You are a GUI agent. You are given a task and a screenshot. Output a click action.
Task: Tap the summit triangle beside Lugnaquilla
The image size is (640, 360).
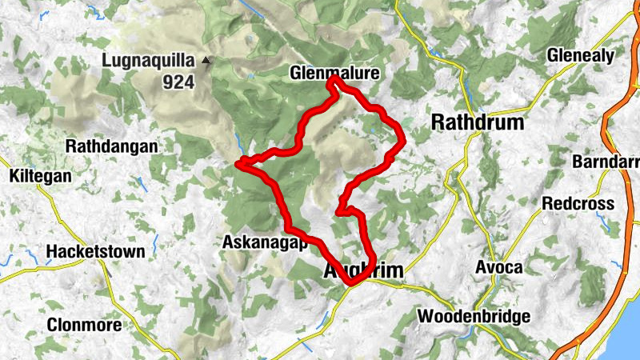(207, 59)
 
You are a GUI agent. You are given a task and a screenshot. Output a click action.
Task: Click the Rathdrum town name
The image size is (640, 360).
(477, 122)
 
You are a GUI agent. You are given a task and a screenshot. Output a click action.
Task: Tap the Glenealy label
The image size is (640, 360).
(580, 56)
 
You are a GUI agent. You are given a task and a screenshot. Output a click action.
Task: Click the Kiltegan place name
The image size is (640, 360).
(39, 175)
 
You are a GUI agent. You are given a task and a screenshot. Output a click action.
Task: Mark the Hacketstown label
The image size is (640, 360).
(96, 251)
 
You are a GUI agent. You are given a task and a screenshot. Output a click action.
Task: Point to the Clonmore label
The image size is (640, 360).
(84, 325)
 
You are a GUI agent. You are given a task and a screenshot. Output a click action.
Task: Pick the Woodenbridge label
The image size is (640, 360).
(474, 317)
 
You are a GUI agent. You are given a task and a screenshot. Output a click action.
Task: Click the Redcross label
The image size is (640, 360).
(578, 203)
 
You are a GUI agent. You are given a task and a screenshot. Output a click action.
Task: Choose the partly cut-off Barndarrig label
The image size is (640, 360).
(606, 162)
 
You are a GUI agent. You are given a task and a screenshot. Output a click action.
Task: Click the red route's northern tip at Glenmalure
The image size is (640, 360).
(334, 81)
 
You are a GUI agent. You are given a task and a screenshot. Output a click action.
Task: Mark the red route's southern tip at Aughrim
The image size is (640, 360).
(351, 282)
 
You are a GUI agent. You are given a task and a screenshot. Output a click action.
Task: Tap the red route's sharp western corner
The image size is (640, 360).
(239, 164)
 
